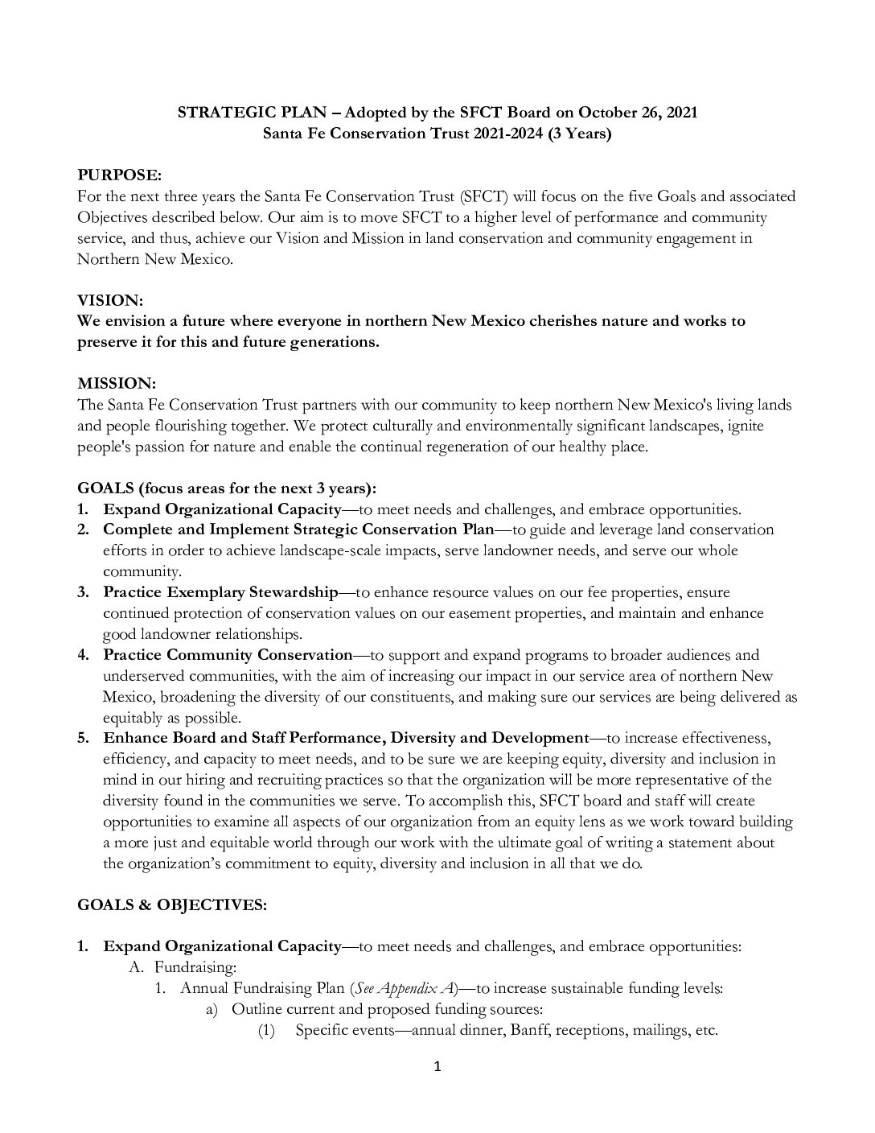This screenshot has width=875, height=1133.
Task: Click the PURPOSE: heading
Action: point(119,175)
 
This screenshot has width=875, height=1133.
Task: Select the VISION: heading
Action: point(109,300)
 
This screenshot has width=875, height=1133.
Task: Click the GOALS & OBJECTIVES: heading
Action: point(171,904)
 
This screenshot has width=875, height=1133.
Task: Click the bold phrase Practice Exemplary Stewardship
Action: point(220,592)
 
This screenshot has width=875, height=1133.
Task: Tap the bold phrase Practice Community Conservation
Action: point(228,655)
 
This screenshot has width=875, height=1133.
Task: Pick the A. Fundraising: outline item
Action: point(183,967)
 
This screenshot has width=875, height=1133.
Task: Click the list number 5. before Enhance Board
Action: point(83,738)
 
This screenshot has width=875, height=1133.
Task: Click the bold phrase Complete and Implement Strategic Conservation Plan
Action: point(298,529)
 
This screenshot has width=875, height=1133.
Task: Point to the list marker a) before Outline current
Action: point(212,1009)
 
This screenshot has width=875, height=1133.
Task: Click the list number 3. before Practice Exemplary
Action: point(83,592)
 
